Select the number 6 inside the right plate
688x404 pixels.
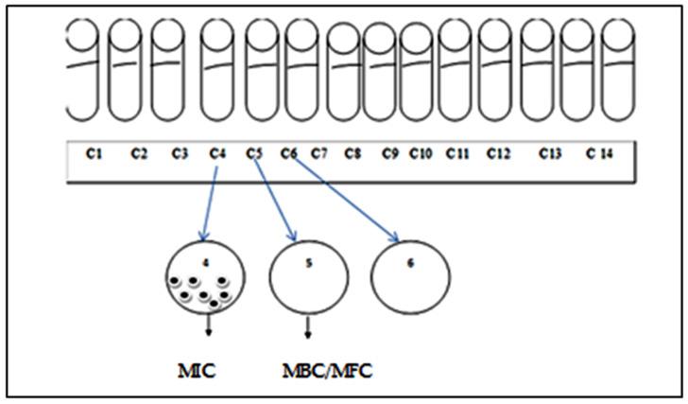coord(410,264)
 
